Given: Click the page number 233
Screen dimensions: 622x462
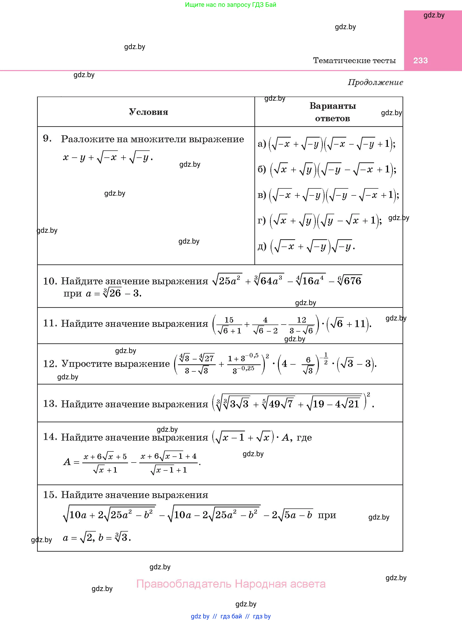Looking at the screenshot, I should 420,60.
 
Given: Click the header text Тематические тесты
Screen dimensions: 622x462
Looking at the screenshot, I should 354,60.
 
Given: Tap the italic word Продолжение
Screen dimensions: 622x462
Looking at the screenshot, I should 375,82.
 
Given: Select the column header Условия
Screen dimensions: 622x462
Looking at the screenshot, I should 149,112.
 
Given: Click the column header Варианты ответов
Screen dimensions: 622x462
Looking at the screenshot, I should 332,112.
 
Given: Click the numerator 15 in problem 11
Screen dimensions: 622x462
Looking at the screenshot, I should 229,320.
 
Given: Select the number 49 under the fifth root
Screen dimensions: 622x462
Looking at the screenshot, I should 274,404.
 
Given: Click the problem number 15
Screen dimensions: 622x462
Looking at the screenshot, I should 50,495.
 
